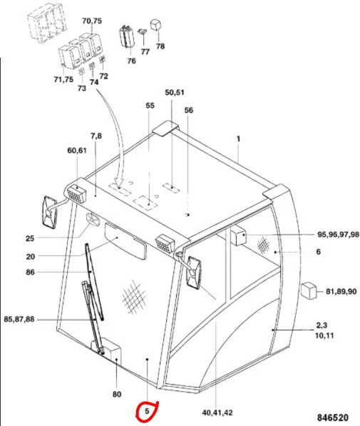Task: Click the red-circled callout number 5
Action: pos(147,411)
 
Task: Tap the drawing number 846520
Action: pos(333,417)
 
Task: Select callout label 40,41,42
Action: pos(217,412)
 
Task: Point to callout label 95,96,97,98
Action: pos(338,235)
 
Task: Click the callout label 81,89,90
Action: pos(341,292)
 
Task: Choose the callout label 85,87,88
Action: pos(19,319)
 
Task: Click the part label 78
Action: pos(160,46)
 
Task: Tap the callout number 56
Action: pos(189,111)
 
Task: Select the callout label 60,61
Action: pos(77,151)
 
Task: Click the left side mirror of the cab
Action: pos(50,212)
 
